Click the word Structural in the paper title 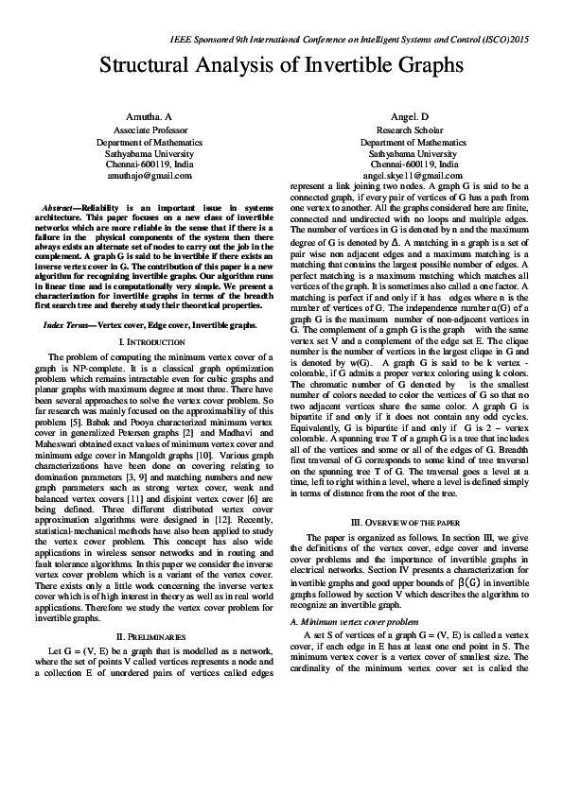click(149, 65)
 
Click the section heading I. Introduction click(150, 339)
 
